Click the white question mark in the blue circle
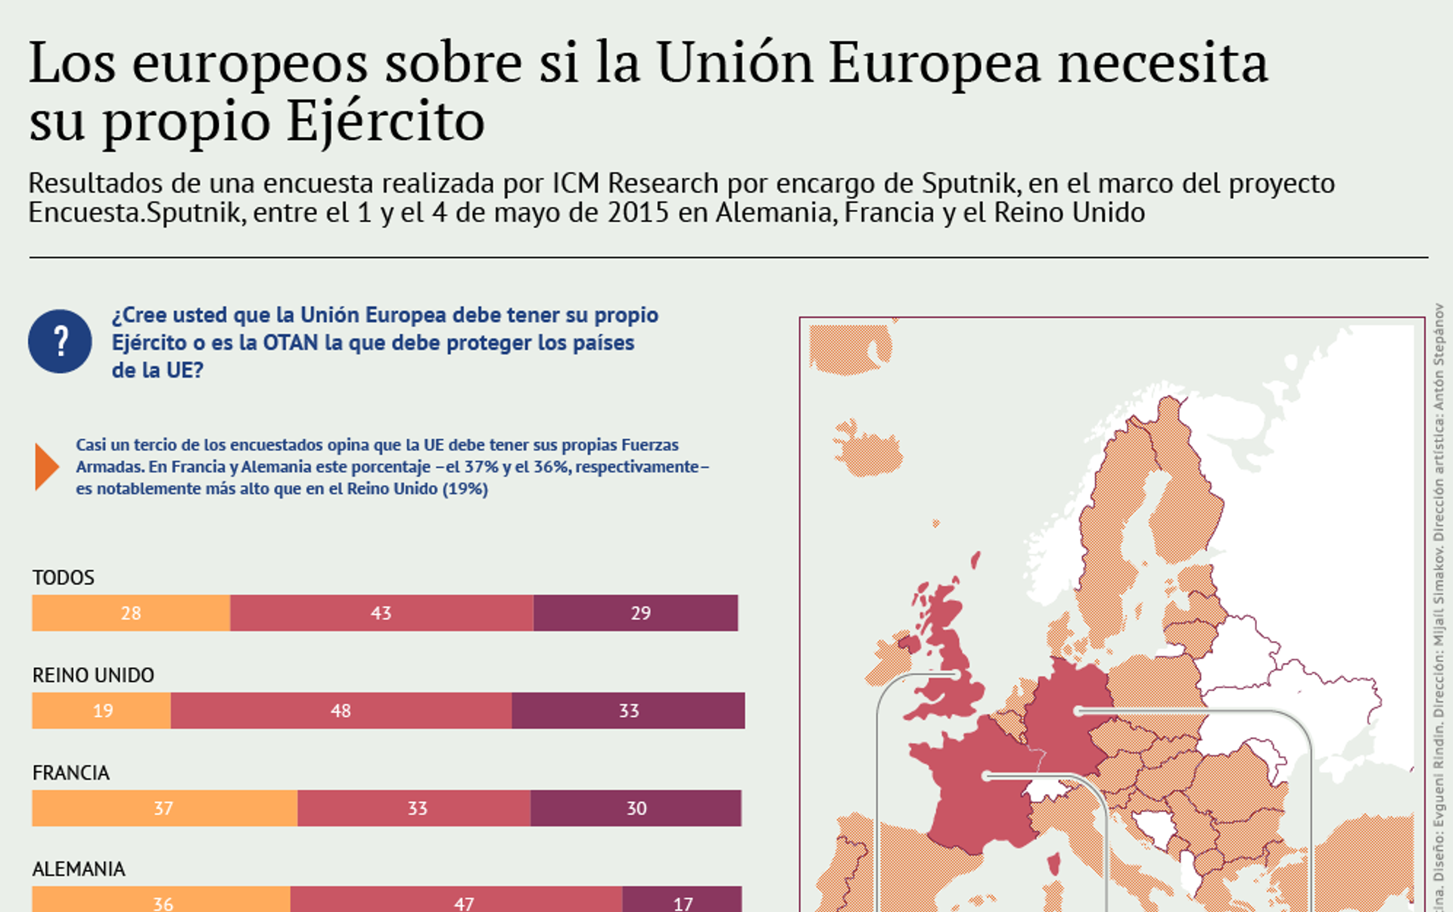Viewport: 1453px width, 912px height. pos(61,341)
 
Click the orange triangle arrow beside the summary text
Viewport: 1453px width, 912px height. pos(45,467)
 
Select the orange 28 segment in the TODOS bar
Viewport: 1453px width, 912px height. pos(131,613)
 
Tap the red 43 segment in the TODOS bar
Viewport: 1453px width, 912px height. pos(381,613)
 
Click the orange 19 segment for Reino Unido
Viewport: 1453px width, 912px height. pos(101,711)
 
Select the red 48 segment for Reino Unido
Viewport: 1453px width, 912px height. pos(341,711)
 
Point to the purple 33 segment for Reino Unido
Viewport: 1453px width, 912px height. pos(628,711)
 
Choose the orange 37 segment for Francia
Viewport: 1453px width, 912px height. pos(164,808)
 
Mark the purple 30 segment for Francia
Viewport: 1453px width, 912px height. pos(636,808)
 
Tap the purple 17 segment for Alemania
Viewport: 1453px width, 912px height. pos(682,901)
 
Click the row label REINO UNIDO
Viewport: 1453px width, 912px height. pos(93,675)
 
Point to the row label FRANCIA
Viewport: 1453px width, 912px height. pos(71,773)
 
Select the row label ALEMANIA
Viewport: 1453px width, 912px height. pos(79,869)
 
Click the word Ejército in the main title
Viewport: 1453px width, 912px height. pos(385,121)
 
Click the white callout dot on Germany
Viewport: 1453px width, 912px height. pos(1078,711)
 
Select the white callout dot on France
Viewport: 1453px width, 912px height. pos(986,776)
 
